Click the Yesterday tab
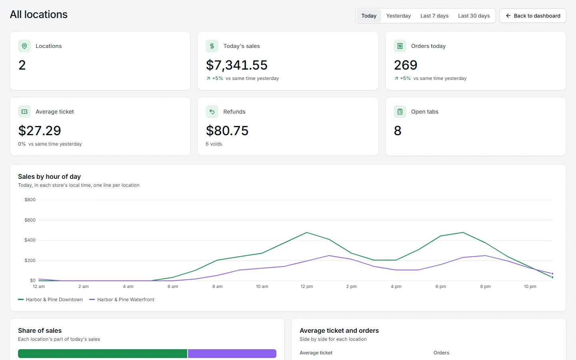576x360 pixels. point(398,16)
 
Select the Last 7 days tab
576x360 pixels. point(434,16)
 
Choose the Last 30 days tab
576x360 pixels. point(474,16)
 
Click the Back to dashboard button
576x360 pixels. point(533,16)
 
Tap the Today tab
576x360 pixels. point(369,16)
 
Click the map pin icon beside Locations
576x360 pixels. point(24,46)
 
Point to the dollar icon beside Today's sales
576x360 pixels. point(212,46)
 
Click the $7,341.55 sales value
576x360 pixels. point(236,65)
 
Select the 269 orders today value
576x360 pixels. point(406,65)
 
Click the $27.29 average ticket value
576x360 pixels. point(39,130)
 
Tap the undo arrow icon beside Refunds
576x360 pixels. point(212,112)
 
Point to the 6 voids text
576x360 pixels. point(214,144)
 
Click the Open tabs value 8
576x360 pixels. point(398,130)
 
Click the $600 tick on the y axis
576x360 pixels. point(30,220)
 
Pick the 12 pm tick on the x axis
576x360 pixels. point(306,286)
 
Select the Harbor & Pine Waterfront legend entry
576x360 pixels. point(122,300)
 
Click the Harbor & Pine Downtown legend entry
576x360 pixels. point(50,300)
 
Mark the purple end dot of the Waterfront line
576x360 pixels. point(552,274)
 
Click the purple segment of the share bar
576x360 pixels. point(232,354)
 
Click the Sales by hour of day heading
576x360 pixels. point(49,177)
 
